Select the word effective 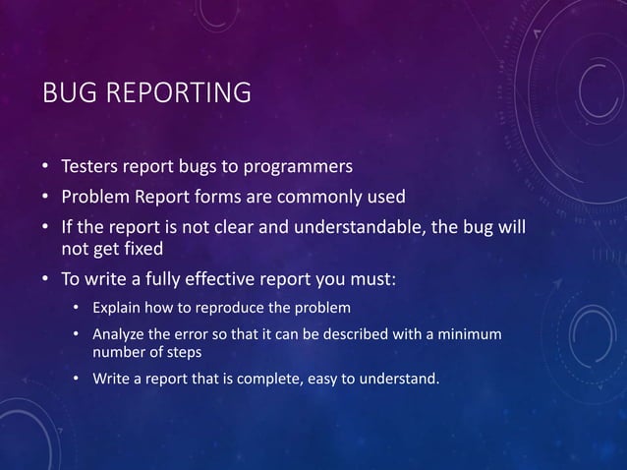pyautogui.click(x=212, y=280)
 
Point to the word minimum pyautogui.click(x=468, y=335)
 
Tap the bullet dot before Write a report pyautogui.click(x=77, y=380)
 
